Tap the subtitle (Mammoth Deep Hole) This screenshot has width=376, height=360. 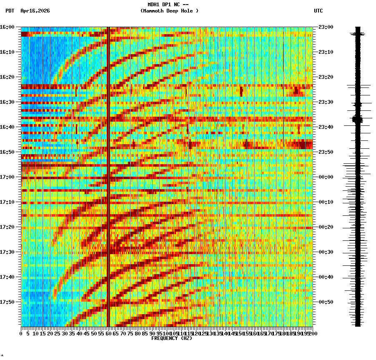169,11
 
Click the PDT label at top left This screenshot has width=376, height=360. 10,11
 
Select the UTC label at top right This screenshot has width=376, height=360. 318,11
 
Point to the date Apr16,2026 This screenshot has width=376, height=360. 35,11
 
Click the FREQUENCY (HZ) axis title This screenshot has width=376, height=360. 171,338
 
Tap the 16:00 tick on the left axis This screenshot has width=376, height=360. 8,27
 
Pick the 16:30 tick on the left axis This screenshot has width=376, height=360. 8,102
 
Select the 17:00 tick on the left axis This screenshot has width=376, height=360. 8,177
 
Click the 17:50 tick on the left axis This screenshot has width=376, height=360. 8,302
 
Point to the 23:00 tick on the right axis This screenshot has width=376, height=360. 326,27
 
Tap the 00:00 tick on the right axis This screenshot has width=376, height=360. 326,177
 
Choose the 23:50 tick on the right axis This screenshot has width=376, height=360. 326,152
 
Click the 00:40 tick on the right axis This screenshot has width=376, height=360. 326,277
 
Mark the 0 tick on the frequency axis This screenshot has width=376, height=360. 21,334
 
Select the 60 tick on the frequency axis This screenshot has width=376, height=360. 108,334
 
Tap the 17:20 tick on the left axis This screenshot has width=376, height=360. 8,227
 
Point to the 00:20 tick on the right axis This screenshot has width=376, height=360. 326,227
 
